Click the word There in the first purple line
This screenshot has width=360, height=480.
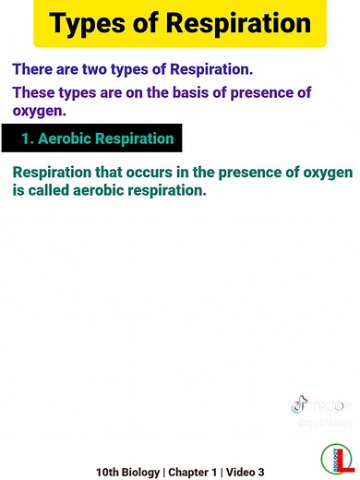coord(34,70)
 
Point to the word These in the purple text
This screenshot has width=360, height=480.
coord(36,93)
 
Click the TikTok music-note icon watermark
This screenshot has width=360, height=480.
coord(299,405)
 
